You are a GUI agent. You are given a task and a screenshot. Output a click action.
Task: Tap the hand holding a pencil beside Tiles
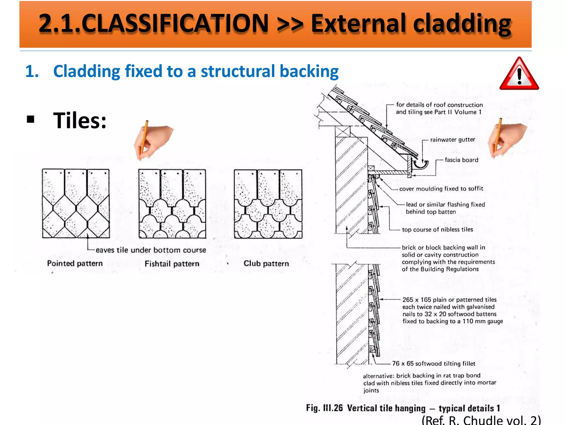[153, 140]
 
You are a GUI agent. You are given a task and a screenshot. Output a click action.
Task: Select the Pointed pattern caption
[75, 263]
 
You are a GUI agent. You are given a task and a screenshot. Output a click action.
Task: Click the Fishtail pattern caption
[172, 264]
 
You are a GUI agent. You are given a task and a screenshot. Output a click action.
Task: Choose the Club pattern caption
[266, 263]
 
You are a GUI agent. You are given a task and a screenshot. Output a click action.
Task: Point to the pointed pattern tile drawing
[76, 204]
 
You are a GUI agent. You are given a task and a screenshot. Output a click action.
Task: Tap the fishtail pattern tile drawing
[172, 204]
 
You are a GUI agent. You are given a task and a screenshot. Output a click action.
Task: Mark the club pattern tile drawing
[268, 204]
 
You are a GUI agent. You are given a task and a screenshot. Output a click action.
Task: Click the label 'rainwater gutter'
[452, 140]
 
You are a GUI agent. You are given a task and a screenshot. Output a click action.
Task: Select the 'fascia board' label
[461, 160]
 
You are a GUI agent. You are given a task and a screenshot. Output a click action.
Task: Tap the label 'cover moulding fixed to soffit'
[441, 189]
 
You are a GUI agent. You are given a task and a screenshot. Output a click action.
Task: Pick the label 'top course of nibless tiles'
[437, 230]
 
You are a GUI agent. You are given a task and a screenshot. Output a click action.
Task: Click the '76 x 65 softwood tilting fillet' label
[434, 364]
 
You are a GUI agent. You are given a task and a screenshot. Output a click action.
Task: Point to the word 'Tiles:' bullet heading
[80, 121]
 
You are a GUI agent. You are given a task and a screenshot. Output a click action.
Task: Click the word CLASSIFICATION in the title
[175, 23]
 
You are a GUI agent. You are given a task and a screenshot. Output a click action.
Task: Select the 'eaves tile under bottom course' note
[151, 250]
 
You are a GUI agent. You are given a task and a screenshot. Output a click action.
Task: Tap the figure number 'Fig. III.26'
[324, 408]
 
